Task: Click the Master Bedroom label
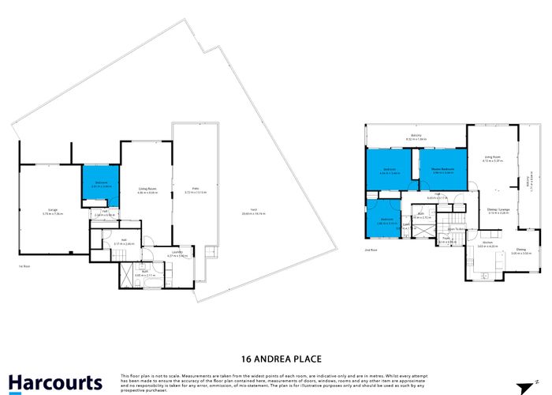click(442, 171)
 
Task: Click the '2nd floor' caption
click(371, 249)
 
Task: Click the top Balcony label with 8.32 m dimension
click(415, 137)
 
